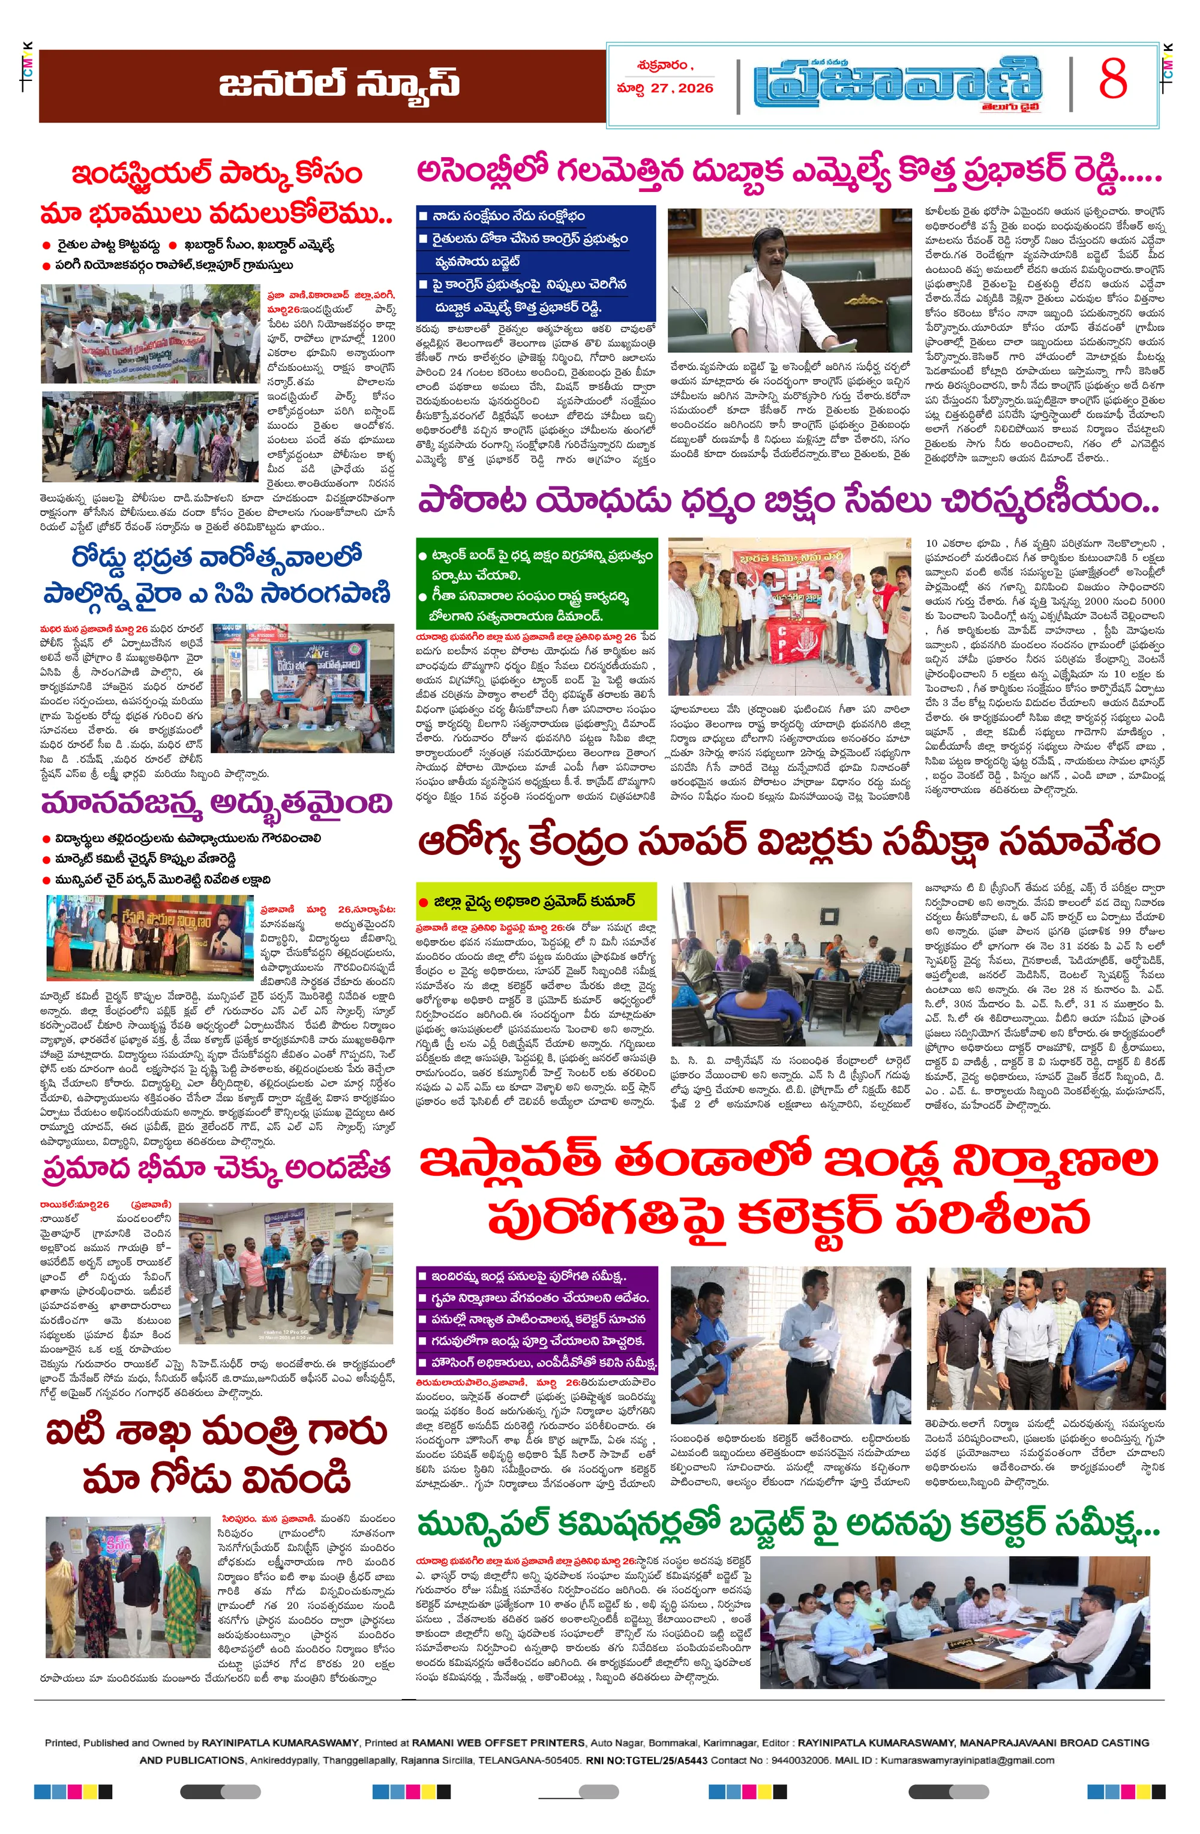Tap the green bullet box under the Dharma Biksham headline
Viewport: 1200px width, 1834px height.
coord(536,585)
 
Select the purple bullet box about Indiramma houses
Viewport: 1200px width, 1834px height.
coord(536,1319)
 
